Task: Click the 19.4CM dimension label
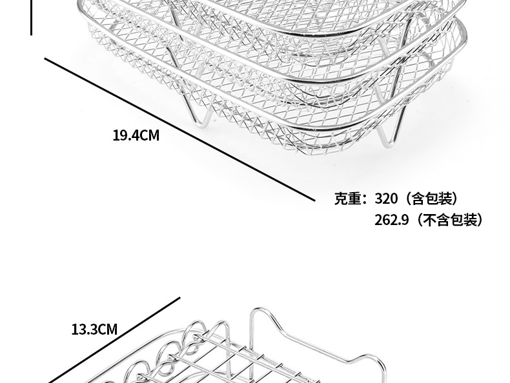pos(136,136)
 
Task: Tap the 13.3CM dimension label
pos(94,329)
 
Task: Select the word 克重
pos(349,198)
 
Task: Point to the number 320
pos(386,198)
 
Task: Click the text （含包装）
pos(433,198)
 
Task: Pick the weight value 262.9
pos(392,220)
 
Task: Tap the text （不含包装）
pos(449,220)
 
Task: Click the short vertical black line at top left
pos(31,17)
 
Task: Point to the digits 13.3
pos(84,329)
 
